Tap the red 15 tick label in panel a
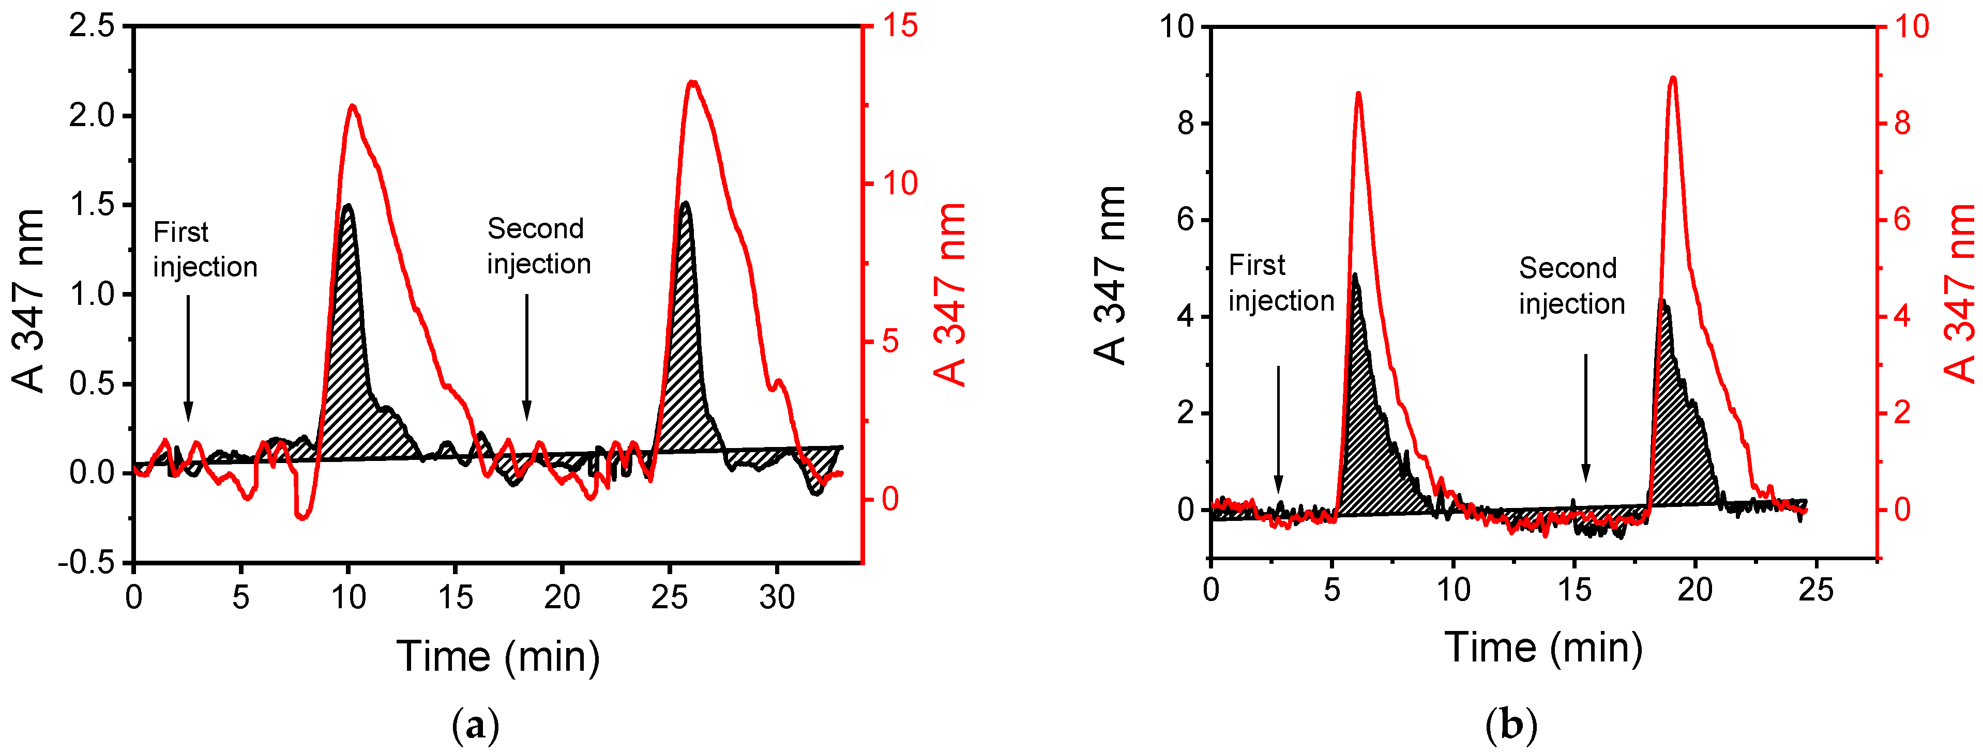pyautogui.click(x=899, y=26)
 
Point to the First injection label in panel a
pyautogui.click(x=204, y=250)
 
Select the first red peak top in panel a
pyautogui.click(x=353, y=106)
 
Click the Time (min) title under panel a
pyautogui.click(x=497, y=656)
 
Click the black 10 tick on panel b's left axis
pyautogui.click(x=1176, y=26)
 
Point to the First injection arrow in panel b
pyautogui.click(x=1278, y=427)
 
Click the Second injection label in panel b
pyautogui.click(x=1571, y=286)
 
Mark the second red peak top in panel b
pyautogui.click(x=1672, y=78)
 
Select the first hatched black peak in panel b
pyautogui.click(x=1367, y=431)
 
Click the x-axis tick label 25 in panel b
pyautogui.click(x=1815, y=590)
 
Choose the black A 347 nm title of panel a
pyautogui.click(x=29, y=300)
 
